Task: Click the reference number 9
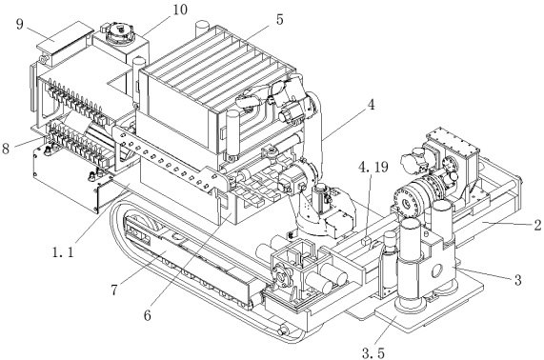(19, 25)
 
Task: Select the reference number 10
(179, 10)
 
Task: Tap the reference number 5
(280, 19)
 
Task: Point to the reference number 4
(371, 104)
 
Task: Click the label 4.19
(373, 168)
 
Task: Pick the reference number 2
(537, 226)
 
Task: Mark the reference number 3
(517, 280)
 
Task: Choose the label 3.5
(373, 353)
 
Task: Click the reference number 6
(148, 315)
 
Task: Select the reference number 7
(115, 290)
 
